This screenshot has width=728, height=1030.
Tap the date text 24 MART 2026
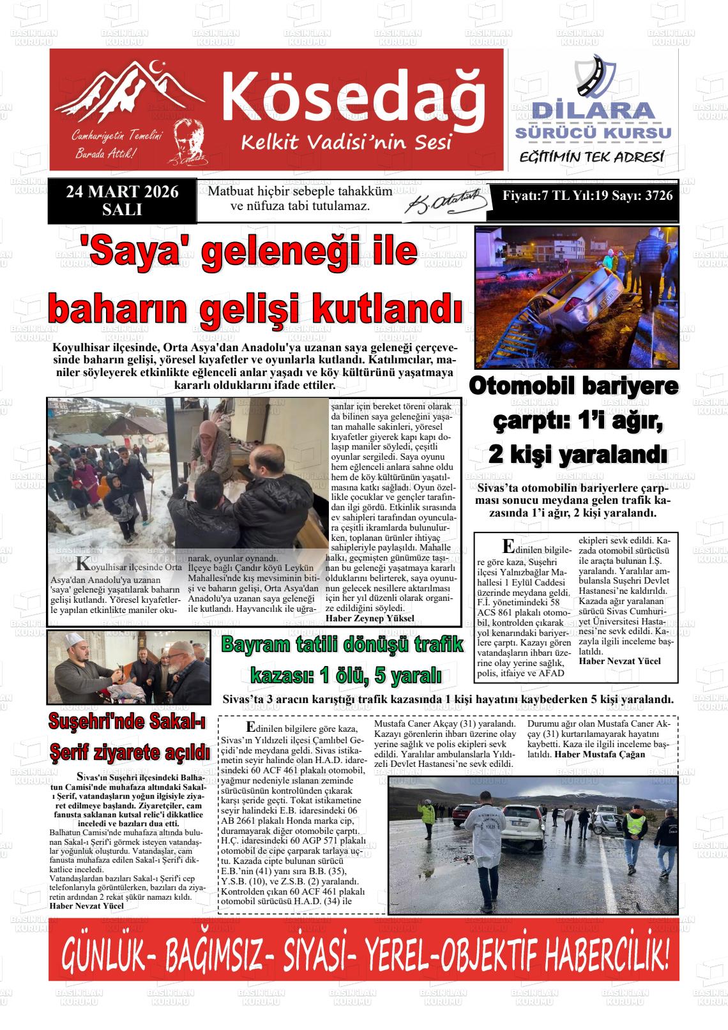tap(122, 192)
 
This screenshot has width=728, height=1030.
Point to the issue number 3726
tap(659, 196)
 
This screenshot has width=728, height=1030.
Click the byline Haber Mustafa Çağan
tap(600, 754)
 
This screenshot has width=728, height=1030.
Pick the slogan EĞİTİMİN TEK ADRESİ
tap(592, 157)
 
